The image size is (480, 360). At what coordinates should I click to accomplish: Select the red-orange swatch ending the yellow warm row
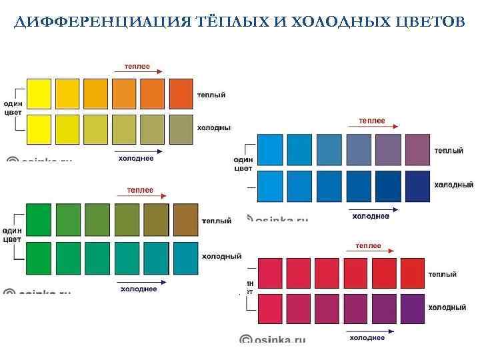pyautogui.click(x=181, y=93)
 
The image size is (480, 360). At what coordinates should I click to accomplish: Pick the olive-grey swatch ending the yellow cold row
pyautogui.click(x=181, y=128)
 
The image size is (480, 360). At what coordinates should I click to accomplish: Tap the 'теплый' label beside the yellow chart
pyautogui.click(x=211, y=95)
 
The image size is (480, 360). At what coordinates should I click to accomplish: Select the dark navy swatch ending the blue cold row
pyautogui.click(x=418, y=184)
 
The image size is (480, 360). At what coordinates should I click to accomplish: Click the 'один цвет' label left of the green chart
pyautogui.click(x=13, y=235)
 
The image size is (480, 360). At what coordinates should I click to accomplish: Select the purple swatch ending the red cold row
pyautogui.click(x=413, y=308)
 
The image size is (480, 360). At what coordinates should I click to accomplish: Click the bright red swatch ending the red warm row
pyautogui.click(x=413, y=272)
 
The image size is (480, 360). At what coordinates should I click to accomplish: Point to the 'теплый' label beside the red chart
pyautogui.click(x=442, y=274)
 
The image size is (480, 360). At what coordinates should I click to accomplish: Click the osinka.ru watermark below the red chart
pyautogui.click(x=273, y=339)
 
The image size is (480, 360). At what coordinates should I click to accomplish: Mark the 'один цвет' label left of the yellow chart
pyautogui.click(x=13, y=108)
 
